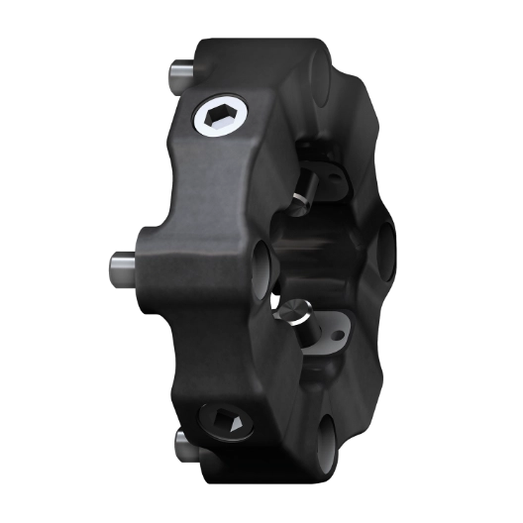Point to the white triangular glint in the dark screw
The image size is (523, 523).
(x=234, y=423)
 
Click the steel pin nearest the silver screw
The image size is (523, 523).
(x=179, y=74)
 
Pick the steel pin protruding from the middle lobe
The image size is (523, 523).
(x=122, y=265)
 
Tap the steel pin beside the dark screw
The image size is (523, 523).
(x=183, y=447)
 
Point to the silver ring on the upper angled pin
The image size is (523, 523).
(x=298, y=204)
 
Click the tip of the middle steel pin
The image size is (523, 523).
(x=110, y=265)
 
